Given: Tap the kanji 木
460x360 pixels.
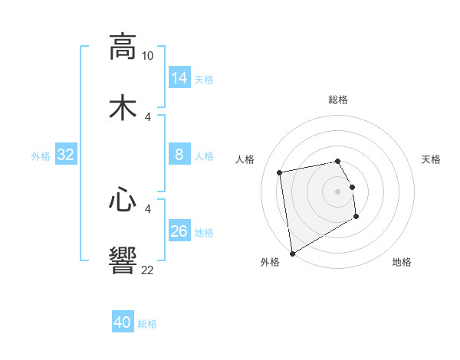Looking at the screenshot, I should click(x=123, y=108).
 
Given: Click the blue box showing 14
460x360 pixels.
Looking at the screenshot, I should click(x=179, y=77).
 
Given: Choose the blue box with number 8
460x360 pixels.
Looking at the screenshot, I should click(x=179, y=155).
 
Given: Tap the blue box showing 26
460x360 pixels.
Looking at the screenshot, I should click(x=179, y=231).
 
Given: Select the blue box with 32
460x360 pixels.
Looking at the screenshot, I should click(x=66, y=155).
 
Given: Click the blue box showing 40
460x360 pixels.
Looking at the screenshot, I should click(x=123, y=322).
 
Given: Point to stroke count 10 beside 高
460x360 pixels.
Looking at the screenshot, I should click(x=147, y=56).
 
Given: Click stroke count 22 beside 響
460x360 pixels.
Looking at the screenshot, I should click(x=147, y=270).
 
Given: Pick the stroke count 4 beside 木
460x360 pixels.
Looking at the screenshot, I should click(x=148, y=117).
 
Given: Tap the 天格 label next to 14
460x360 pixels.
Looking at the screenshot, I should click(x=204, y=80).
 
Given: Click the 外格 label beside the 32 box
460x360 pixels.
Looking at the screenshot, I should click(x=41, y=156).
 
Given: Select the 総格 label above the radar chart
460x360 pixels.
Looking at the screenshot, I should click(x=338, y=100).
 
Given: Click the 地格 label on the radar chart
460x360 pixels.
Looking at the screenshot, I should click(x=402, y=263).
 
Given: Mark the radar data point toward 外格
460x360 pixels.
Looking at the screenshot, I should click(x=292, y=253).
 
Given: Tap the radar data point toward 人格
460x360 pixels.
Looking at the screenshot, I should click(x=281, y=172).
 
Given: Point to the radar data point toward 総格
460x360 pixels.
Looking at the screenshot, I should click(x=337, y=161).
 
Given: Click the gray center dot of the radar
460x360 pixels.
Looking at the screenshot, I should click(x=337, y=191).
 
